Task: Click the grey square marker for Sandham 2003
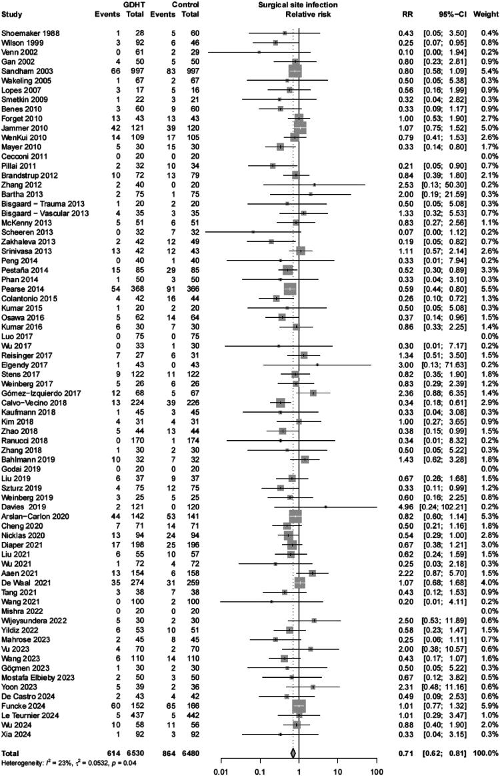[295, 69]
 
